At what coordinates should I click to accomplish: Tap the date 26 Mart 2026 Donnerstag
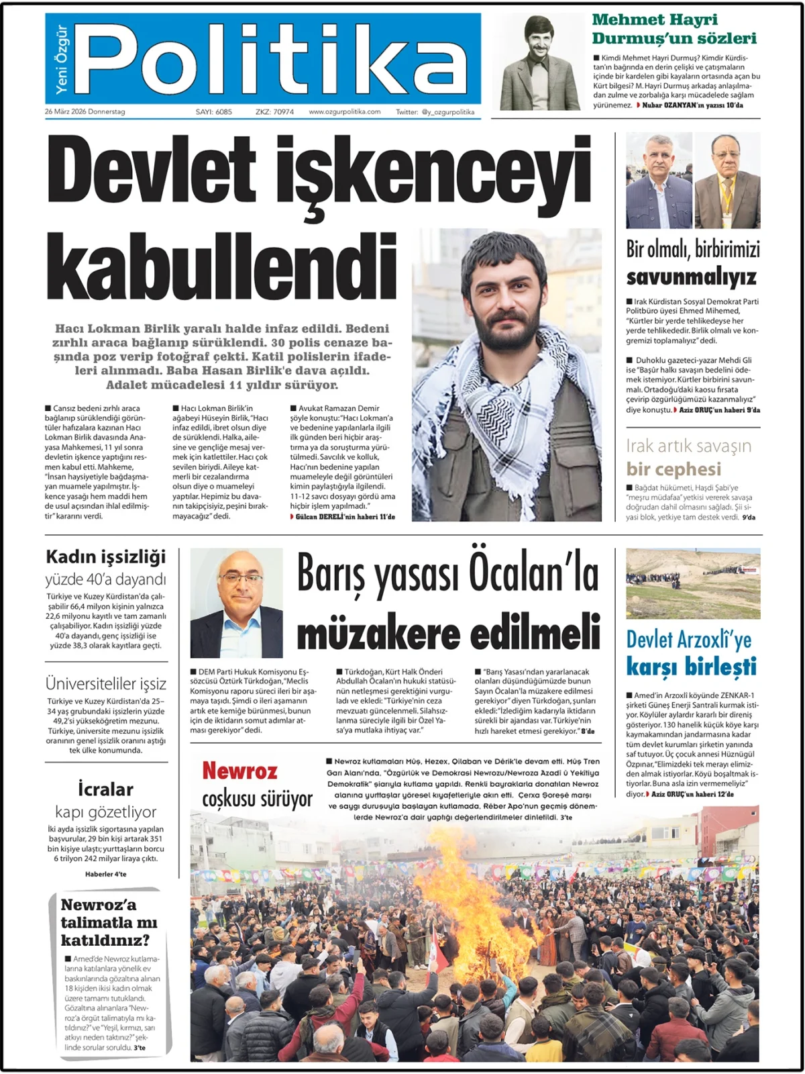85,112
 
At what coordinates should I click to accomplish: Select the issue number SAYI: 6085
213,112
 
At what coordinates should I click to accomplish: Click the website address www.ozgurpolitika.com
344,112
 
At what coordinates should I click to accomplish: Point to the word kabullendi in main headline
221,266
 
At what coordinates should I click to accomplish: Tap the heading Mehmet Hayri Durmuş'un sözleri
674,29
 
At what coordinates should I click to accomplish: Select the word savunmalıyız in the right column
691,277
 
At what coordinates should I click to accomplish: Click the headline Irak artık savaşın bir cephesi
688,457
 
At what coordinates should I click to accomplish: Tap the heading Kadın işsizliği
105,556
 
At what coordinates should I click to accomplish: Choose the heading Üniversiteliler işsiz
105,683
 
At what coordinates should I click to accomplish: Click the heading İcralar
105,789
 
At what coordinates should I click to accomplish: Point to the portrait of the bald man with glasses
236,602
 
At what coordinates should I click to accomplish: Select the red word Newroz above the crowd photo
239,771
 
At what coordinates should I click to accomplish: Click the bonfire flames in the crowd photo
470,899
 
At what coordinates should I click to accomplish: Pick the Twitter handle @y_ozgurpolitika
447,112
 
